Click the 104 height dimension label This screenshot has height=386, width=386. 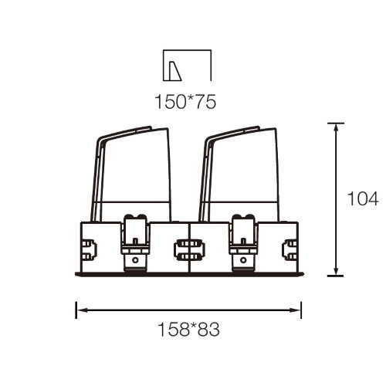coord(363,198)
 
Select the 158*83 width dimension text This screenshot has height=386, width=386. coord(189,329)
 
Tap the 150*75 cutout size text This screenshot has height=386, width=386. coord(185,102)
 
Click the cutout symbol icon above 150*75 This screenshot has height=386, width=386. coord(188,66)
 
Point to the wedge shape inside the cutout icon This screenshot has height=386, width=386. coord(174,71)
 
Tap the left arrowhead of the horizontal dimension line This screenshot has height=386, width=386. coord(81,310)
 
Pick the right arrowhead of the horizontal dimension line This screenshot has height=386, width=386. coord(296,310)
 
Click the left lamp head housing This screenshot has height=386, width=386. coord(131,174)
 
